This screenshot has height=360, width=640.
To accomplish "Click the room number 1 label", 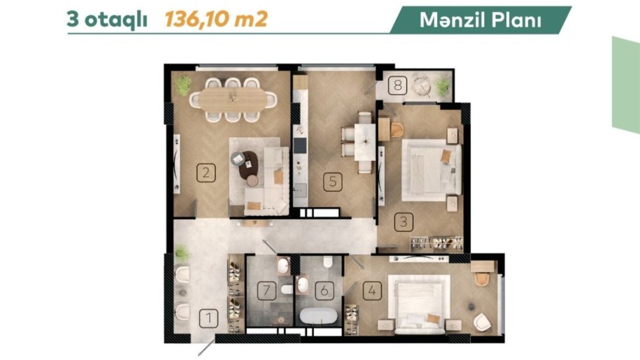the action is point(208,317).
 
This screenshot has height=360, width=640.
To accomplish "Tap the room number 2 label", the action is point(206,173).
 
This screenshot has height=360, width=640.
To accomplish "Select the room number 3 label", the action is point(404,222).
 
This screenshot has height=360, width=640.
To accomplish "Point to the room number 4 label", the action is point(372,291).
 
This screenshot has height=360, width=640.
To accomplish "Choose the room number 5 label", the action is point(333,182).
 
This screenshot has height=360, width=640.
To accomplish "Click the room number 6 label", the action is point(325,291).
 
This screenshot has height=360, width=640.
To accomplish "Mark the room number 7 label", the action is point(267,291).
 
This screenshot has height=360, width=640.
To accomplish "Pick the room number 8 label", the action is point(397,85).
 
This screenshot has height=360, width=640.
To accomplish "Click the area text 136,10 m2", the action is point(216,19).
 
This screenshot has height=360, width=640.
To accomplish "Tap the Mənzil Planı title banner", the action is point(481,20).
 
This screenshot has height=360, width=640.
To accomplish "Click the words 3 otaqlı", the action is point(107,20).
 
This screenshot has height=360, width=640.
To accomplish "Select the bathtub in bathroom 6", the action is point(319,316).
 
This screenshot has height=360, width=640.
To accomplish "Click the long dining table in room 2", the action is point(233,99).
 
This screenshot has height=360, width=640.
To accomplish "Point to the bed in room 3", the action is point(432,170).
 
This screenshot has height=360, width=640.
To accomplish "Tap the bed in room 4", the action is point(419,304).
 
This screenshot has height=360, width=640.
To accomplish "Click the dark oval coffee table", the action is point(248,165).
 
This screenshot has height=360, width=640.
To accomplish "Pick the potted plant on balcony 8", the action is point(441,85).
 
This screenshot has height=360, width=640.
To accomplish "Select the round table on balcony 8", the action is point(420,86).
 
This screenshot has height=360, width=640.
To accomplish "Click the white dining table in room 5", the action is point(364,142).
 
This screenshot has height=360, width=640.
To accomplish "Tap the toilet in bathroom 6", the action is point(328,261).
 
